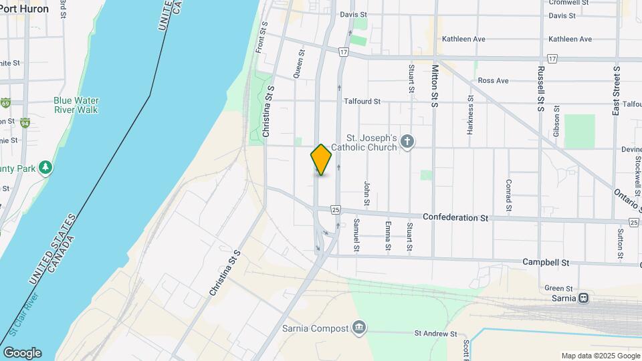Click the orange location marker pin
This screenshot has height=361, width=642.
[x=321, y=159]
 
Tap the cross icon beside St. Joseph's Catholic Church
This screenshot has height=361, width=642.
[x=407, y=141]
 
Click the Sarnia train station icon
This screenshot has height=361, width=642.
[x=583, y=298]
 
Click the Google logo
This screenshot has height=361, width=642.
[x=22, y=353]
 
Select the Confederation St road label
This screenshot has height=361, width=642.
[x=456, y=218]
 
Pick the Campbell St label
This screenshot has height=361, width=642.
[x=545, y=263]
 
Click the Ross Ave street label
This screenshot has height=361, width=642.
[x=493, y=81]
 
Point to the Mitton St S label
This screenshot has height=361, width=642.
[x=435, y=86]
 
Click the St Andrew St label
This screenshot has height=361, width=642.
[x=435, y=333]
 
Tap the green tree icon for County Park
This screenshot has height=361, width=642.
[x=45, y=167]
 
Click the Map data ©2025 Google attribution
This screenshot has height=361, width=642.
[x=600, y=356]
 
